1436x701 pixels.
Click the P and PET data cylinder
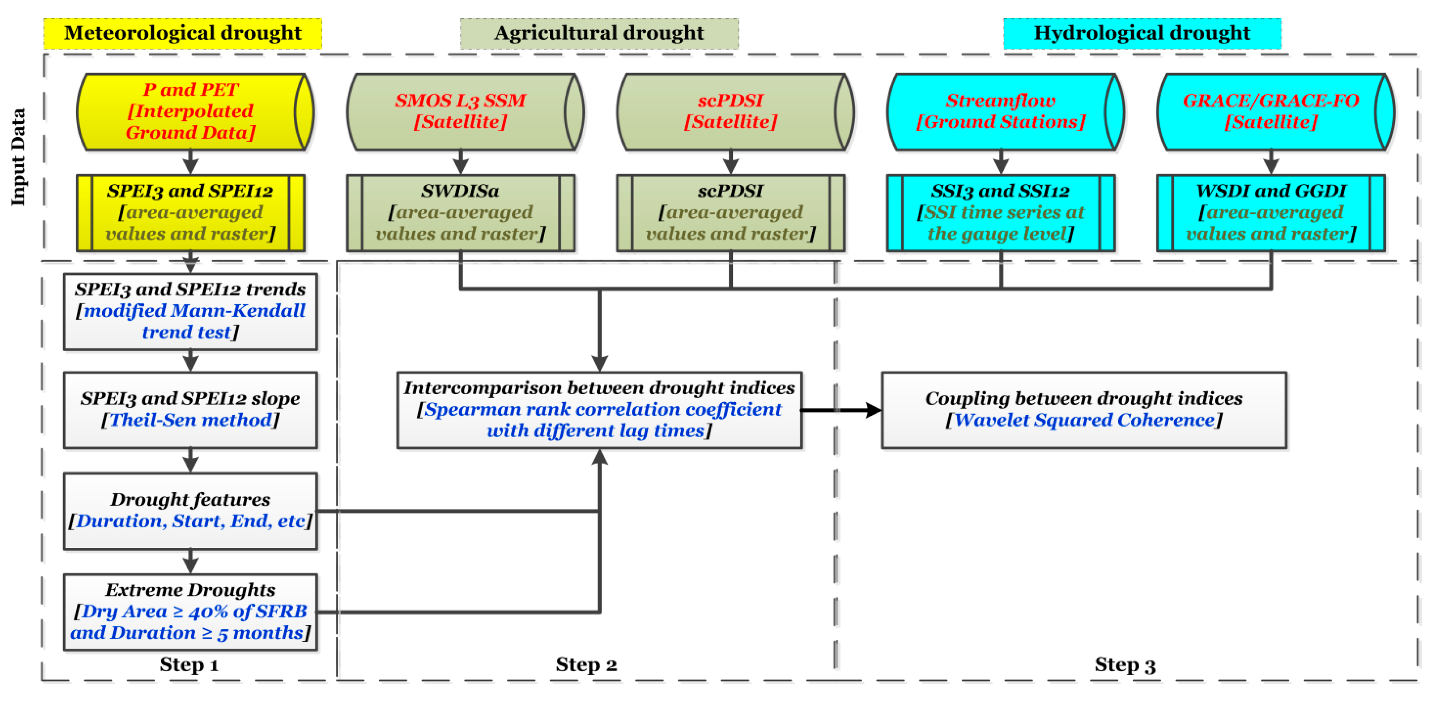click(190, 112)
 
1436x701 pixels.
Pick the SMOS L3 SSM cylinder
click(461, 112)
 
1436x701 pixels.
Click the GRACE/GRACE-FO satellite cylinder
click(1271, 112)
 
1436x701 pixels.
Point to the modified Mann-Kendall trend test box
click(190, 311)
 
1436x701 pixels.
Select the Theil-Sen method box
click(190, 410)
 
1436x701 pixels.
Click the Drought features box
click(190, 511)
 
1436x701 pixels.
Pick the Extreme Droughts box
click(190, 612)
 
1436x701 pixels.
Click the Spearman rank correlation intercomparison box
click(599, 410)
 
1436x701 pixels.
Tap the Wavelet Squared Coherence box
click(1084, 410)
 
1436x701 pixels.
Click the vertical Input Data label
click(18, 157)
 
